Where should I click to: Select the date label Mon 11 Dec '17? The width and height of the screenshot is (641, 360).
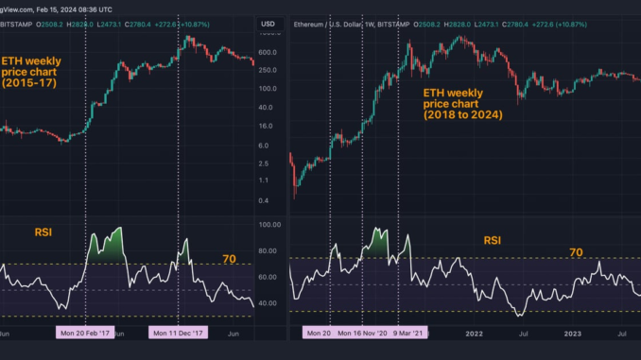[x=179, y=333]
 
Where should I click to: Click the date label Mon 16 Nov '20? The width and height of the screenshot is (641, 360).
[x=364, y=333]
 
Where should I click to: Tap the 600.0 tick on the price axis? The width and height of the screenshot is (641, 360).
[x=268, y=52]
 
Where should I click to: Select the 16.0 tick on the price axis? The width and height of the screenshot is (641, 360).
[x=268, y=126]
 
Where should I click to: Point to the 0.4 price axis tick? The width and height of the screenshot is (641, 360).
[x=268, y=200]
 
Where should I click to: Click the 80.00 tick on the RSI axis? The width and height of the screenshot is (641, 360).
[x=270, y=251]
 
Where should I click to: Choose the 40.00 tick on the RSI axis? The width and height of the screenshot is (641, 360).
[x=270, y=303]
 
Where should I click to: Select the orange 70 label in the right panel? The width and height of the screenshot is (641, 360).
[x=577, y=252]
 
